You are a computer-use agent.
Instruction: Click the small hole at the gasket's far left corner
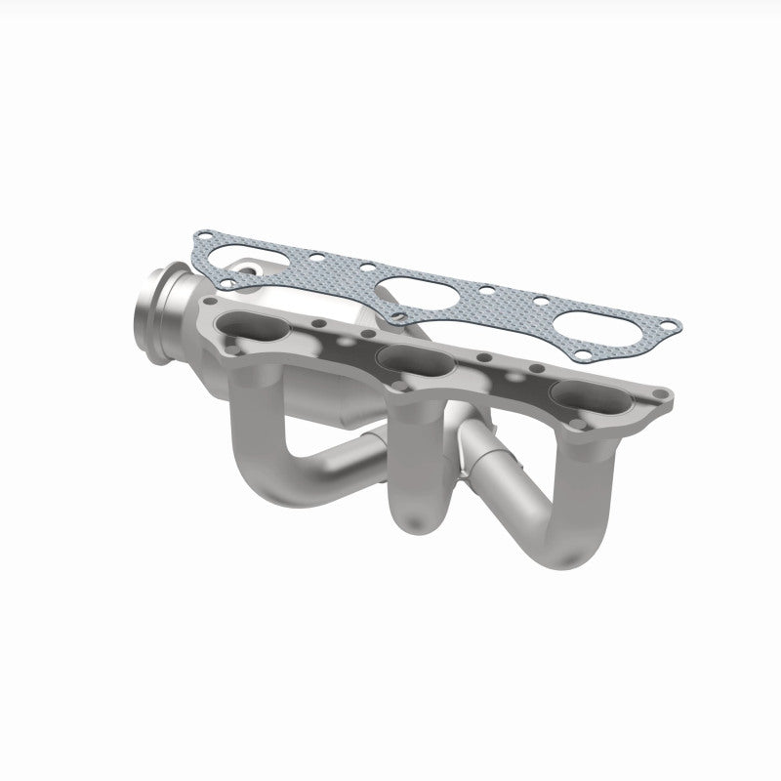click(202, 237)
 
